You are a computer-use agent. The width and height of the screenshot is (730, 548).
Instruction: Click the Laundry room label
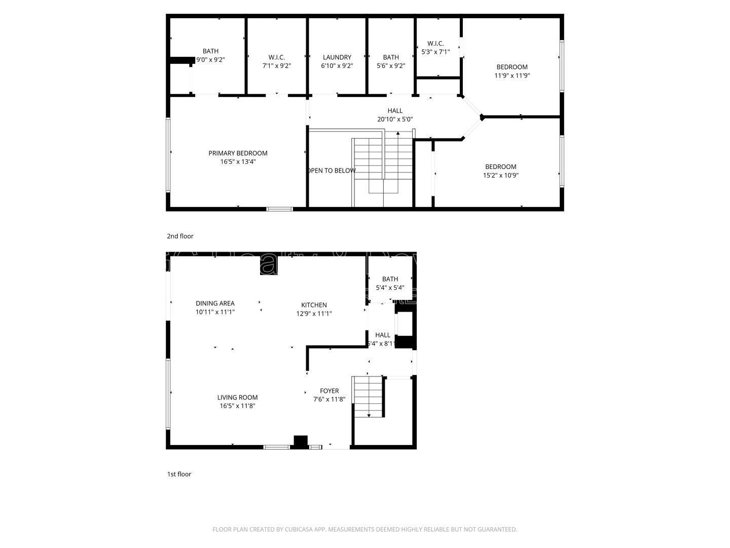(337, 57)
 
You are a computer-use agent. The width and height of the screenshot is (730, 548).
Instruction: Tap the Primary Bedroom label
(238, 153)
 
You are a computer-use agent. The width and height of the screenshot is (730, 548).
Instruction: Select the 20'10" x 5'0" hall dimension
(395, 119)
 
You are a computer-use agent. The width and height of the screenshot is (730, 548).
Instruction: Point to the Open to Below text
(332, 170)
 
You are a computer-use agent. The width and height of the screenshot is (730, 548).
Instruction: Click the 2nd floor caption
(180, 236)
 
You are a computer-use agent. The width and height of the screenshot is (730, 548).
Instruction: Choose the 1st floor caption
(179, 474)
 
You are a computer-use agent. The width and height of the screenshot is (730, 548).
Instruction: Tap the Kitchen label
(314, 305)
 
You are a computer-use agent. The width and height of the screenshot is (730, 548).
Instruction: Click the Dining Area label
(215, 303)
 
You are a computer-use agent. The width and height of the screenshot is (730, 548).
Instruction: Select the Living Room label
(237, 397)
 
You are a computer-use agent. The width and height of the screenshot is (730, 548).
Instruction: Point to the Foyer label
(329, 391)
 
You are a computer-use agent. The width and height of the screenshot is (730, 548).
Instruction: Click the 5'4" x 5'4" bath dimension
(390, 288)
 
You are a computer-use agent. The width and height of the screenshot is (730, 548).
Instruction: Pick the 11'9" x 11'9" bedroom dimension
(512, 76)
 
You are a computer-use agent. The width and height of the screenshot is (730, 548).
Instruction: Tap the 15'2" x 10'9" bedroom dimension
(501, 176)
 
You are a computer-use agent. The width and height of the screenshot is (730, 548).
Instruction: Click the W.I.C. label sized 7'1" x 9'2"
(276, 57)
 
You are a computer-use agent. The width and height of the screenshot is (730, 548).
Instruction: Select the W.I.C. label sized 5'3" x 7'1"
(435, 43)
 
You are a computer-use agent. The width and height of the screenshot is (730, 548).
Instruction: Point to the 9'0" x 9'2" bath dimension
(210, 60)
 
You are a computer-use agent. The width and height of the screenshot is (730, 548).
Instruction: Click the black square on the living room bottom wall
(301, 441)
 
